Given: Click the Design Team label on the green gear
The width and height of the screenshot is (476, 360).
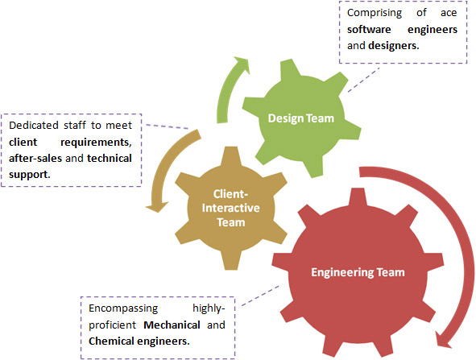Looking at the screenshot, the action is tap(301, 118).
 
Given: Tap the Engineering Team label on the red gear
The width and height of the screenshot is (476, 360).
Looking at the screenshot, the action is tap(358, 272).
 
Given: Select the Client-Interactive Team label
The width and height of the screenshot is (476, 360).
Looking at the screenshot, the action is tap(230, 209).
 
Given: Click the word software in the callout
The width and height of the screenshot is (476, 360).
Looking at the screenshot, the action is tap(369, 30).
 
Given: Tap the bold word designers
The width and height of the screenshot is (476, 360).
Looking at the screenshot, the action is tap(393, 46).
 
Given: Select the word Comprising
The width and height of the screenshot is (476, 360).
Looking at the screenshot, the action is tap(375, 13).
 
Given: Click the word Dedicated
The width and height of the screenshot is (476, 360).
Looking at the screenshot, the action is tap(34, 126).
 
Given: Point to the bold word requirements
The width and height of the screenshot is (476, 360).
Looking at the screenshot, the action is tap(96, 142).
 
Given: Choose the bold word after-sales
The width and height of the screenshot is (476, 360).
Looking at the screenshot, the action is tap(35, 158).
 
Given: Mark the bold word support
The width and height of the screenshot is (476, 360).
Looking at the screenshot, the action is tap(30, 175).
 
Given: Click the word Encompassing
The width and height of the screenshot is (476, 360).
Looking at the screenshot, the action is tap(123, 308).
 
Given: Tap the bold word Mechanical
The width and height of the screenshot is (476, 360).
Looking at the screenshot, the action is tap(172, 325).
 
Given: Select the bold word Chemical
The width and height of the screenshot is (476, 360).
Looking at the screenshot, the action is tap(111, 341).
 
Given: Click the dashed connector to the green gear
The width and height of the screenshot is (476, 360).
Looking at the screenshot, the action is tap(363, 80).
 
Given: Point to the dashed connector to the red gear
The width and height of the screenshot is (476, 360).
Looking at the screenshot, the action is tap(260, 296).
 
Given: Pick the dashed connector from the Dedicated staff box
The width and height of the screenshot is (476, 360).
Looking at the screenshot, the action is tap(168, 126).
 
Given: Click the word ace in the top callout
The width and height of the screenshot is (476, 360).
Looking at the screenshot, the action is tap(449, 13).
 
